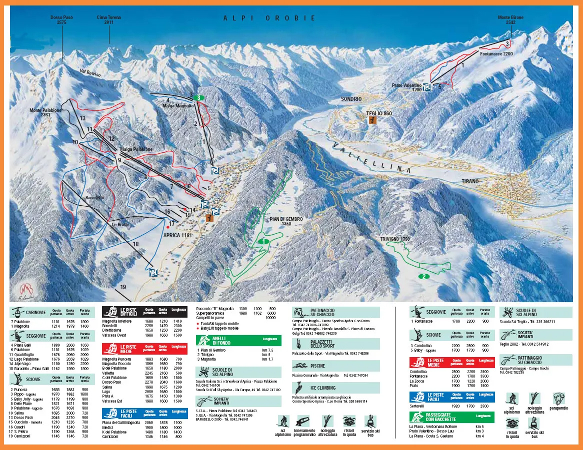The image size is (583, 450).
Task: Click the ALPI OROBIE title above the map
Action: (x=269, y=18)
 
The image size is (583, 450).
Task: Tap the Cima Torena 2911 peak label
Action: (x=108, y=20)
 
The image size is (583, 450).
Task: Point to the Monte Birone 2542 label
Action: (x=510, y=20)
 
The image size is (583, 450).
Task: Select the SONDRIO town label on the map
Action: (x=351, y=99)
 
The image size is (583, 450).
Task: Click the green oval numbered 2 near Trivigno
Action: (x=423, y=276)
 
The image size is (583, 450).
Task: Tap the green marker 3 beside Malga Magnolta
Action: (x=199, y=98)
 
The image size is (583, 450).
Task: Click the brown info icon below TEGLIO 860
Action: (x=372, y=120)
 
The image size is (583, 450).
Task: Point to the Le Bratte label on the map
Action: (x=120, y=225)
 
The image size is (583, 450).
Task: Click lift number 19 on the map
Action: (x=123, y=287)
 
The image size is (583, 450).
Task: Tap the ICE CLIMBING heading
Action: (x=323, y=388)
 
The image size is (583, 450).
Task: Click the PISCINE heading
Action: (x=317, y=366)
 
